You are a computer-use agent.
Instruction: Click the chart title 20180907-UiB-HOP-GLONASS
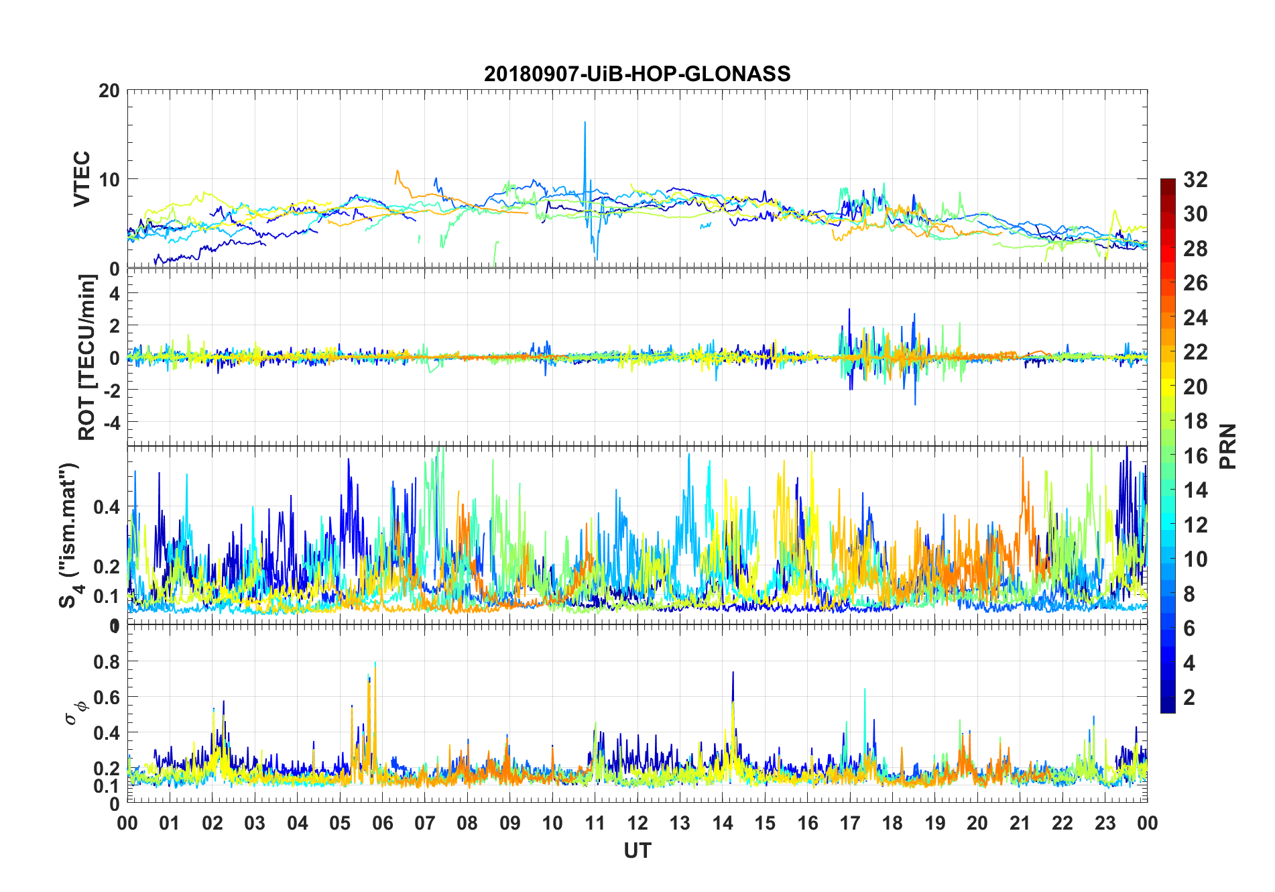click(x=637, y=74)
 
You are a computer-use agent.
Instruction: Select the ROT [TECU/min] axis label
click(x=87, y=357)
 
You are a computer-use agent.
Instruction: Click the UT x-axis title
click(x=637, y=850)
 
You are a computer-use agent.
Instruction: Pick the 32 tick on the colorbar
click(x=1195, y=180)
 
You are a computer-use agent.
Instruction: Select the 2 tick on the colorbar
click(x=1189, y=697)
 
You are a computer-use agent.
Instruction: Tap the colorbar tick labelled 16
click(x=1195, y=456)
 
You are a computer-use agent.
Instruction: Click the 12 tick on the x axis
click(x=637, y=823)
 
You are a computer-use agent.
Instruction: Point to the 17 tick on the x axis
click(x=850, y=823)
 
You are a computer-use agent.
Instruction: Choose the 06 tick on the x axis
click(x=382, y=823)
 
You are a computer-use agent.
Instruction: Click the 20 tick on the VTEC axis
click(x=109, y=91)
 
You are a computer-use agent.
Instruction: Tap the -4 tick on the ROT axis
click(x=113, y=422)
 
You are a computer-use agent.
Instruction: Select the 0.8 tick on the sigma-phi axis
click(x=107, y=661)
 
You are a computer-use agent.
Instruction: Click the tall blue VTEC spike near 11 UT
click(x=585, y=124)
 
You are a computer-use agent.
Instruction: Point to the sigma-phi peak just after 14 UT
click(x=733, y=673)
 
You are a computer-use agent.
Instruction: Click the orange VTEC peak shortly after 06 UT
click(x=398, y=172)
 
